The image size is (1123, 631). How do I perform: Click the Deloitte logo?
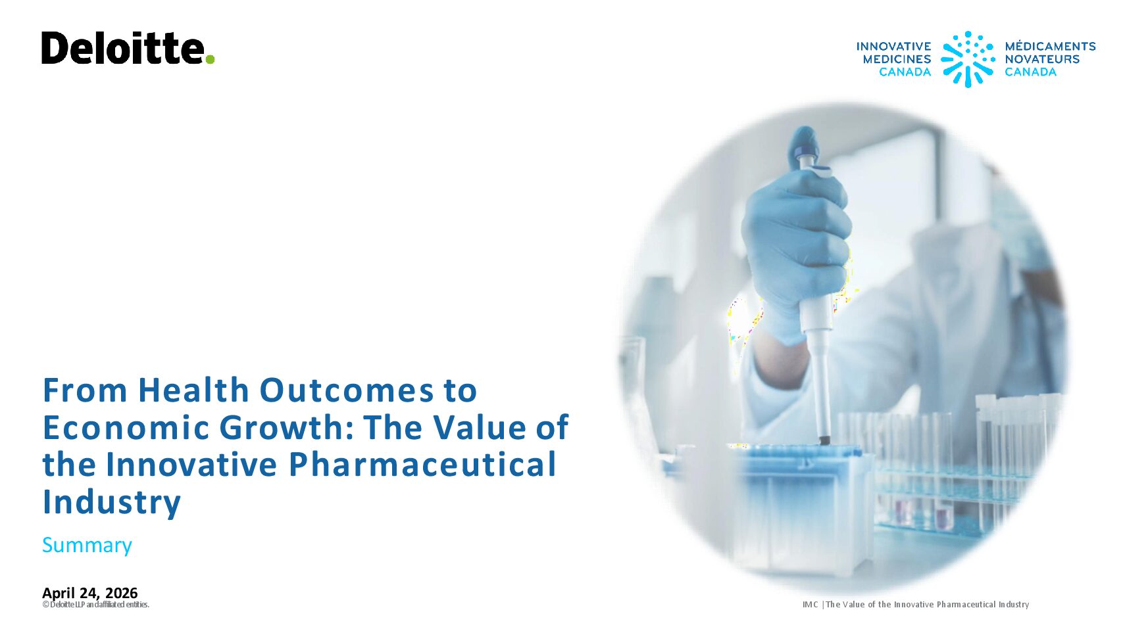pyautogui.click(x=128, y=48)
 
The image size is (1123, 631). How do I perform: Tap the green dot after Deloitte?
pyautogui.click(x=210, y=59)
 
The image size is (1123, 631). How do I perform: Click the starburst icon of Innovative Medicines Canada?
pyautogui.click(x=968, y=59)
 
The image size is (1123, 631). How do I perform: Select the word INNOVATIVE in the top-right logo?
pyautogui.click(x=893, y=47)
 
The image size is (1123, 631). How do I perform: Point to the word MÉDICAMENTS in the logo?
pyautogui.click(x=1051, y=47)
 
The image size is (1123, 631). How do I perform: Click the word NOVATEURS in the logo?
pyautogui.click(x=1042, y=59)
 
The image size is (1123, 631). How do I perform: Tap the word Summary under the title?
pyautogui.click(x=87, y=545)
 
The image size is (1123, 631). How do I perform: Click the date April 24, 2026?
pyautogui.click(x=89, y=593)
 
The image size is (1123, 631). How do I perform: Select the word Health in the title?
pyautogui.click(x=193, y=390)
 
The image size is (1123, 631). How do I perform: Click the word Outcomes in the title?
pyautogui.click(x=347, y=390)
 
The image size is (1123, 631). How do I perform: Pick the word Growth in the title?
pyautogui.click(x=286, y=427)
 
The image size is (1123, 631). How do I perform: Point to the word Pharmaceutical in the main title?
pyautogui.click(x=422, y=464)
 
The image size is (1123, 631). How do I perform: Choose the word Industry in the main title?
pyautogui.click(x=111, y=502)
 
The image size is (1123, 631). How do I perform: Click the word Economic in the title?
pyautogui.click(x=126, y=427)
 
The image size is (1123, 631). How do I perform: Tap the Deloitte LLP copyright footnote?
pyautogui.click(x=96, y=605)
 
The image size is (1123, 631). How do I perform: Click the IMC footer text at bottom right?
pyautogui.click(x=916, y=605)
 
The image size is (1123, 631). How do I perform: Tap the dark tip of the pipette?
pyautogui.click(x=824, y=440)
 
